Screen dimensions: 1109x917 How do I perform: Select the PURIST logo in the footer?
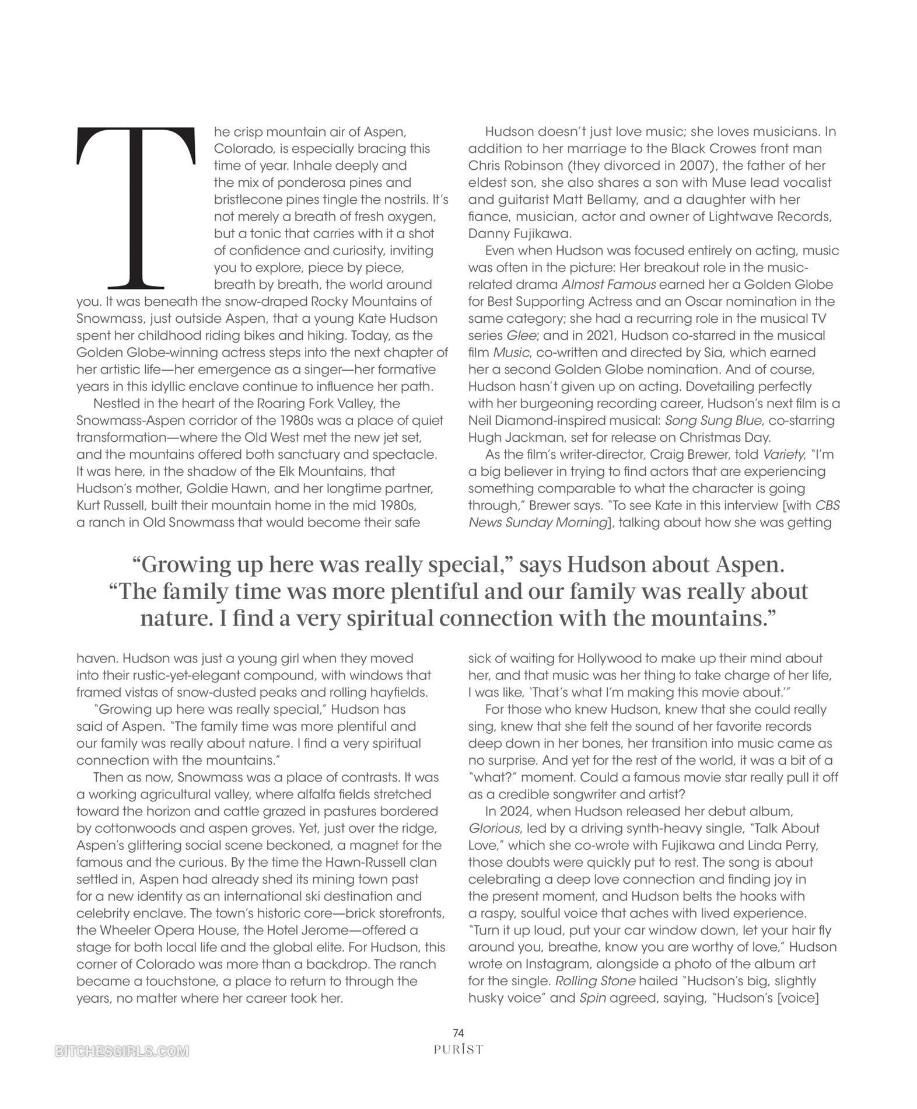(x=459, y=1049)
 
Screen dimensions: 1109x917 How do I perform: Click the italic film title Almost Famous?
(x=608, y=285)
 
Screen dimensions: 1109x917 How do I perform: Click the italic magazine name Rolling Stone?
(x=595, y=981)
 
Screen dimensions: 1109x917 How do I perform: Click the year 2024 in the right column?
(x=516, y=811)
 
